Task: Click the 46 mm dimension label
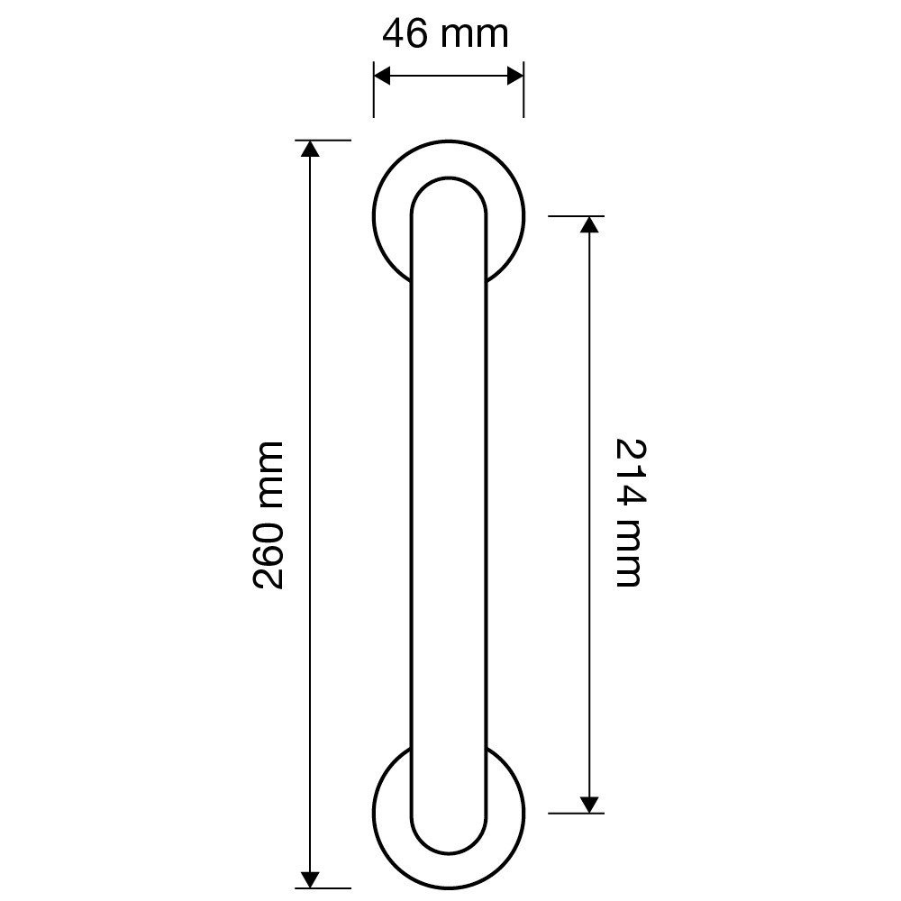click(445, 34)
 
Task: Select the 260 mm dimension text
click(268, 515)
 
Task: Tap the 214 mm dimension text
click(631, 513)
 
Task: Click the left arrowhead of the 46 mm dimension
click(382, 76)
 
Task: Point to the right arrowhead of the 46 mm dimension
click(514, 76)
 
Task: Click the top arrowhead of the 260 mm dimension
click(310, 149)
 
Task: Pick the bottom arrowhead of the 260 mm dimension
click(310, 879)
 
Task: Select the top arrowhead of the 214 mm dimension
click(589, 224)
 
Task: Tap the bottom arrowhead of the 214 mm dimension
click(589, 805)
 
